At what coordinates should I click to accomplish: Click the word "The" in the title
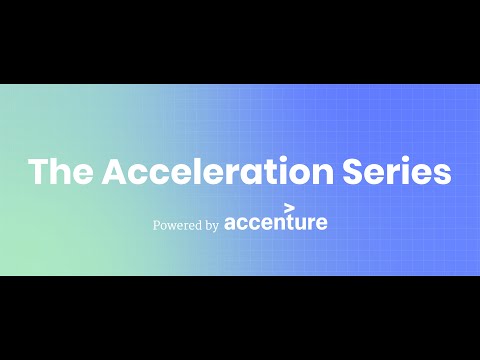61,171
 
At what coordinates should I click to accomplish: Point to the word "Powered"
177,226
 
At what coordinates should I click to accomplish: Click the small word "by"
212,226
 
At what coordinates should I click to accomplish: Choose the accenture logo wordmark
276,223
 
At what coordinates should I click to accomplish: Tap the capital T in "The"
40,171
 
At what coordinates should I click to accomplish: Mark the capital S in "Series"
376,171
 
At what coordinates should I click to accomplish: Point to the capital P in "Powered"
157,225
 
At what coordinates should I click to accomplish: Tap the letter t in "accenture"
289,222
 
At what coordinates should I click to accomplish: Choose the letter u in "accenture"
300,223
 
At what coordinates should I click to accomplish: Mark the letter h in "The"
62,171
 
